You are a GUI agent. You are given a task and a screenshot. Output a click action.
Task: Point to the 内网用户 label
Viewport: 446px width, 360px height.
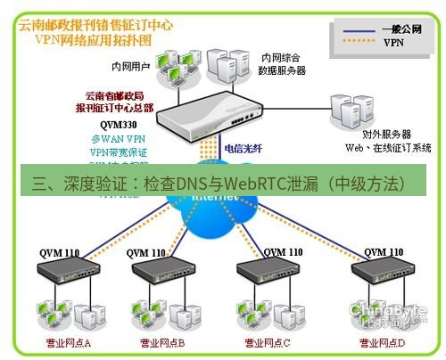click(x=129, y=65)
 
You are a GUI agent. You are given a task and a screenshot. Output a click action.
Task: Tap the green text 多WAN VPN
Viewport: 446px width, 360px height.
click(x=118, y=139)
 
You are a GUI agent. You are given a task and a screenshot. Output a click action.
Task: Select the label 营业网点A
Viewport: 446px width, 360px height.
click(x=69, y=342)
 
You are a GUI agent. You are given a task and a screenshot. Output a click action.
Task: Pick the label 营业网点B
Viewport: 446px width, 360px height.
click(x=161, y=342)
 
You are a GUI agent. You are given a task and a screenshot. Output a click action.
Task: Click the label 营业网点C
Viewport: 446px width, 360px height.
click(x=267, y=342)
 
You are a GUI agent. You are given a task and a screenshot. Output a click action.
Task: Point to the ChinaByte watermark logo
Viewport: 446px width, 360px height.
click(x=391, y=313)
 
